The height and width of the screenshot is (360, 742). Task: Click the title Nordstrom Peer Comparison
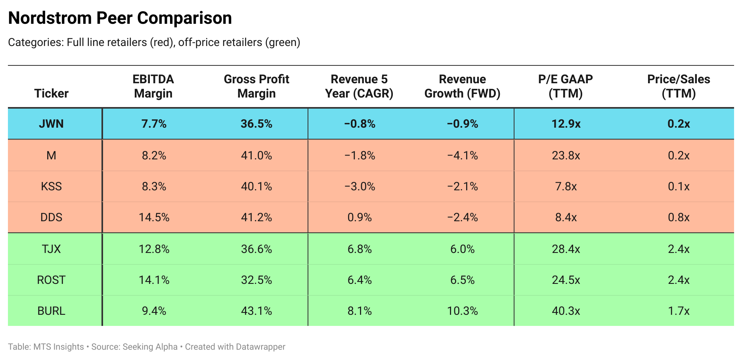120,18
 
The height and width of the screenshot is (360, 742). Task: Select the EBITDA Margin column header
153,86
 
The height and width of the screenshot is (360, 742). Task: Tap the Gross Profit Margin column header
256,86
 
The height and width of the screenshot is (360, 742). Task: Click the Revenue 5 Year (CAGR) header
359,86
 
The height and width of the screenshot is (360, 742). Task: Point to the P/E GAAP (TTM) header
566,86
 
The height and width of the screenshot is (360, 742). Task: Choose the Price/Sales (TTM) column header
679,86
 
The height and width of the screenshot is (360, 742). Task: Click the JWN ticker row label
51,124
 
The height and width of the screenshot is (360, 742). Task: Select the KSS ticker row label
51,186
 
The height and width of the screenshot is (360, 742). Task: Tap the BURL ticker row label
51,311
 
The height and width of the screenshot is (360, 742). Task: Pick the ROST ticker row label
51,280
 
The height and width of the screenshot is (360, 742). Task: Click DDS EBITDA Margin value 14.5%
154,217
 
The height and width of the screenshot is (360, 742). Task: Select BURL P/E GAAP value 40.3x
566,311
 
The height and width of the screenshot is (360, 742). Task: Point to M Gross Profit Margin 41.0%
256,155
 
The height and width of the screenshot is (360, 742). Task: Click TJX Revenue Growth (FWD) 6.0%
463,249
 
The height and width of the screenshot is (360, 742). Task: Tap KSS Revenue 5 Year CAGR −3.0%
360,186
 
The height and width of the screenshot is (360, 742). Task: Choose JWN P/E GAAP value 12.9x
566,124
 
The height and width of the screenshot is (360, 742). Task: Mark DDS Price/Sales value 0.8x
679,217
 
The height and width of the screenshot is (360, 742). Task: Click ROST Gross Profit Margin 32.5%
256,280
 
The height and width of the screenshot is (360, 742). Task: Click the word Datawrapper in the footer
260,347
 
